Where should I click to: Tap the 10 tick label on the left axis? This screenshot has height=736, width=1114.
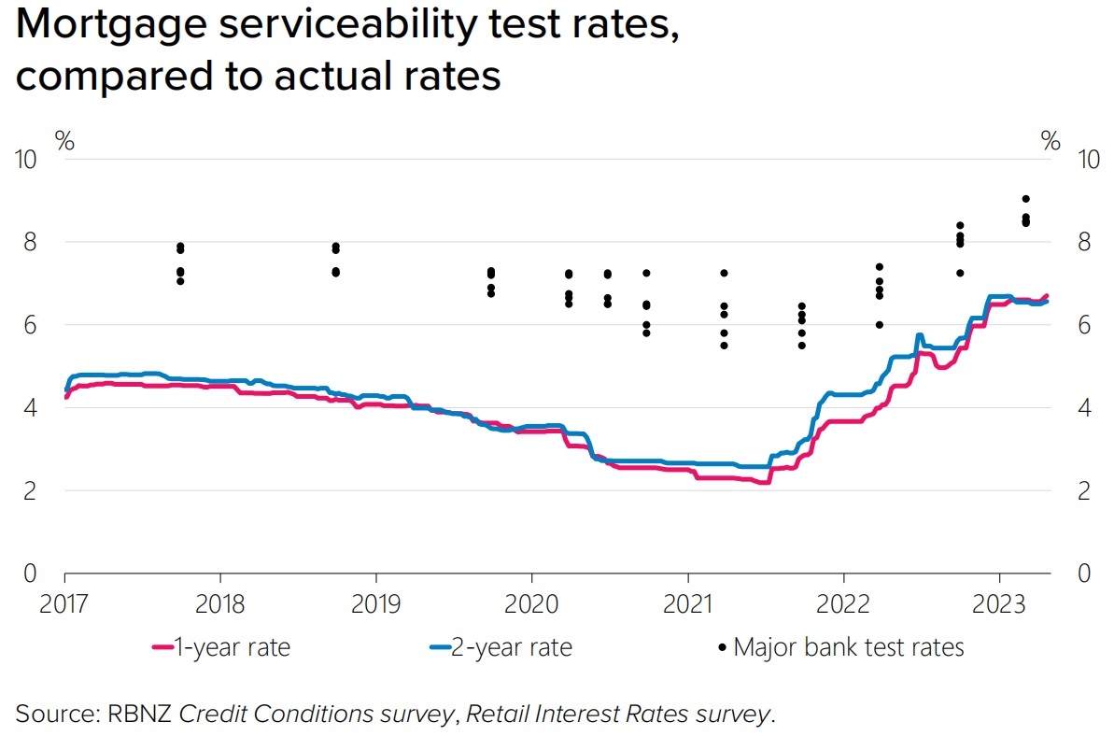click(27, 160)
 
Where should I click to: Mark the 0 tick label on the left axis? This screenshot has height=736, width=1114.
click(31, 573)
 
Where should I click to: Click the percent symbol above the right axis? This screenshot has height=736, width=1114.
click(1051, 142)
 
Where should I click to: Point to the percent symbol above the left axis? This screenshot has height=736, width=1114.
click(65, 142)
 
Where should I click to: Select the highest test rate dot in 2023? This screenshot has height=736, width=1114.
click(1025, 199)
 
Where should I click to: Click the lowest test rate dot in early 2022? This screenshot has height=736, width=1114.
click(879, 325)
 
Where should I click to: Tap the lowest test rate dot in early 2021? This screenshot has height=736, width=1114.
click(723, 346)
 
